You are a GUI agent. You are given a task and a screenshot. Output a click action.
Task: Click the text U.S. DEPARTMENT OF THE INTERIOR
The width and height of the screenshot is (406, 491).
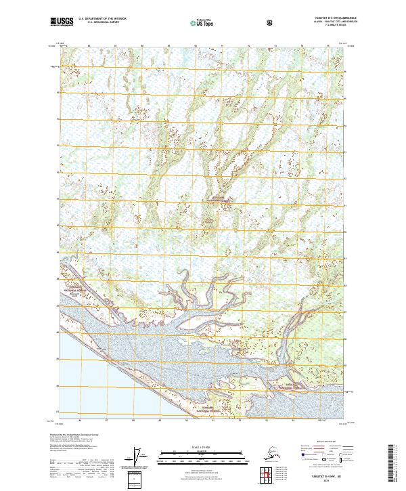[x=102, y=18]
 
